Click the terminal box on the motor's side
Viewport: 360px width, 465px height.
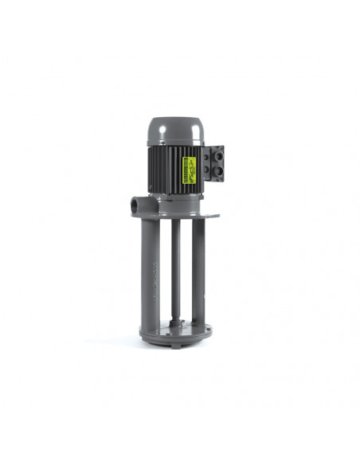213,165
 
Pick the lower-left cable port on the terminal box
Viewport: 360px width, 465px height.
205,175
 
